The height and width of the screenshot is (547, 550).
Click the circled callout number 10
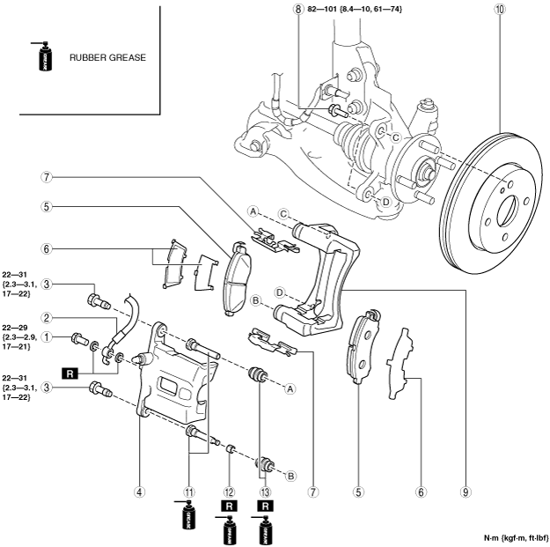(500, 9)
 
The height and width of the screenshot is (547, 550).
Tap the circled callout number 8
(297, 9)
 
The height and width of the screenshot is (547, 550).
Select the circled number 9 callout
(466, 492)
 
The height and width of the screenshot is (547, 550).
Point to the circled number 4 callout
(140, 492)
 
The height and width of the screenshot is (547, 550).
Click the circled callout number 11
(189, 492)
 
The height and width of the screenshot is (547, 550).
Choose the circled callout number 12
(229, 492)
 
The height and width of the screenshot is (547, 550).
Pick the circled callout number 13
(266, 492)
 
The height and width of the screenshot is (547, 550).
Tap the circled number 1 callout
(47, 337)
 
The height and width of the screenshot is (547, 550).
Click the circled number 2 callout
(47, 318)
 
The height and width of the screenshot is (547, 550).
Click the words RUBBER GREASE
(107, 57)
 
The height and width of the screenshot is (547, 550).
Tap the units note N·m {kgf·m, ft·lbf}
(516, 538)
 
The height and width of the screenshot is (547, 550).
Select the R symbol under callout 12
(229, 506)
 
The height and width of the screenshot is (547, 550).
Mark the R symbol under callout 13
(266, 506)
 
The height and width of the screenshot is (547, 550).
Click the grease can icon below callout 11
(187, 514)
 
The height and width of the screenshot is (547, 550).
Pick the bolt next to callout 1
(81, 339)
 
